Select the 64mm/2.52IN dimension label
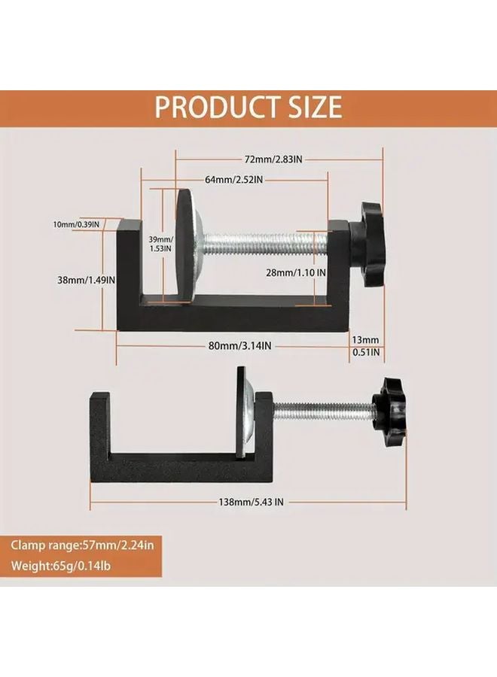point(233,180)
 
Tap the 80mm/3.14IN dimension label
point(239,345)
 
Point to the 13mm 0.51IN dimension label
point(367,345)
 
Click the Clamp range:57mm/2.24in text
point(86,544)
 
